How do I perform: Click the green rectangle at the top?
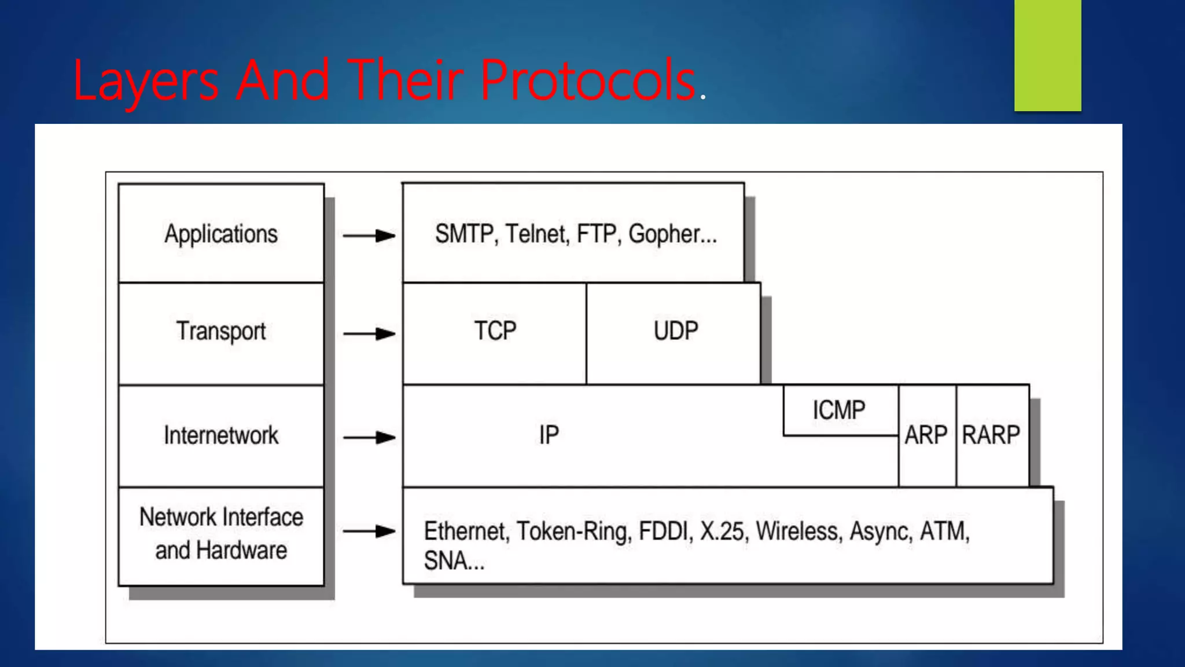(1047, 55)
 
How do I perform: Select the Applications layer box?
(221, 234)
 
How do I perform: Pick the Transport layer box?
(221, 332)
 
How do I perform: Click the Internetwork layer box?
(221, 435)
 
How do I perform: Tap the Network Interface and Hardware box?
(221, 534)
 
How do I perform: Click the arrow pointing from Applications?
(369, 236)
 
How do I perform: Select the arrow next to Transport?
(369, 333)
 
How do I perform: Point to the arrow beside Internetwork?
(369, 437)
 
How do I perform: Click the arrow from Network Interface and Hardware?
(369, 531)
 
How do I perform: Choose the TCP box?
(495, 331)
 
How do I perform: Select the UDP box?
(675, 331)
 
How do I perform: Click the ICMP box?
(839, 411)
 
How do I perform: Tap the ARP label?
(926, 435)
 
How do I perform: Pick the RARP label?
(991, 435)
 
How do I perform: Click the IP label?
(549, 435)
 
